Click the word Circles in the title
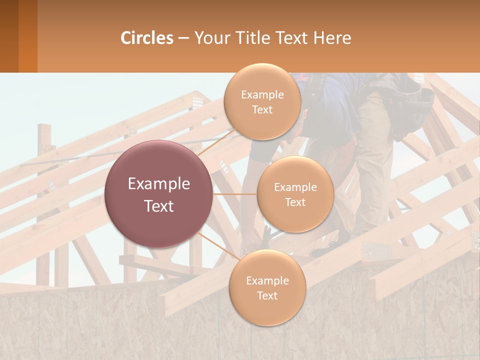tap(146, 38)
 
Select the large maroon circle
tap(158, 194)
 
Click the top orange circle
tap(262, 101)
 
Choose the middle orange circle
tap(295, 194)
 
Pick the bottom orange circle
tap(267, 288)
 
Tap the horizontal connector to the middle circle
tap(234, 194)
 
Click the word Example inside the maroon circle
tap(158, 183)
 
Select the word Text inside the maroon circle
tap(158, 205)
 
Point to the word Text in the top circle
tap(262, 109)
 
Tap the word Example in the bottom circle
tap(267, 280)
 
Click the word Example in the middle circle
tap(295, 187)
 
